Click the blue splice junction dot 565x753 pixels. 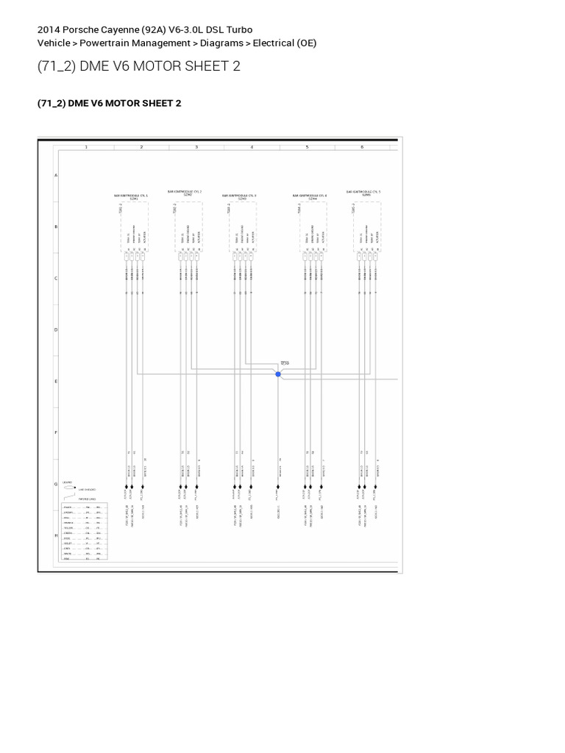pyautogui.click(x=278, y=374)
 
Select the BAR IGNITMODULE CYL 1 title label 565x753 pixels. pyautogui.click(x=131, y=196)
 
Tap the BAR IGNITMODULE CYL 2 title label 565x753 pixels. pyautogui.click(x=185, y=192)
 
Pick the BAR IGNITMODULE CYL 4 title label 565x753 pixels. pyautogui.click(x=310, y=196)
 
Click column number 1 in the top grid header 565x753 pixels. pyautogui.click(x=86, y=147)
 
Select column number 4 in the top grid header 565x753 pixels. pyautogui.click(x=252, y=147)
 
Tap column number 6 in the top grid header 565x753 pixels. pyautogui.click(x=362, y=147)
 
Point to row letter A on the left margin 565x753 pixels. pyautogui.click(x=57, y=176)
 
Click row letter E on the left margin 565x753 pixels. pyautogui.click(x=57, y=382)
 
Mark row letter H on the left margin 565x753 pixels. pyautogui.click(x=57, y=535)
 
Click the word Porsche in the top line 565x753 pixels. pyautogui.click(x=79, y=29)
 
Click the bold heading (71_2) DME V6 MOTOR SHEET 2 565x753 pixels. pyautogui.click(x=109, y=104)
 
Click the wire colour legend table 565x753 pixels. pyautogui.click(x=85, y=532)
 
